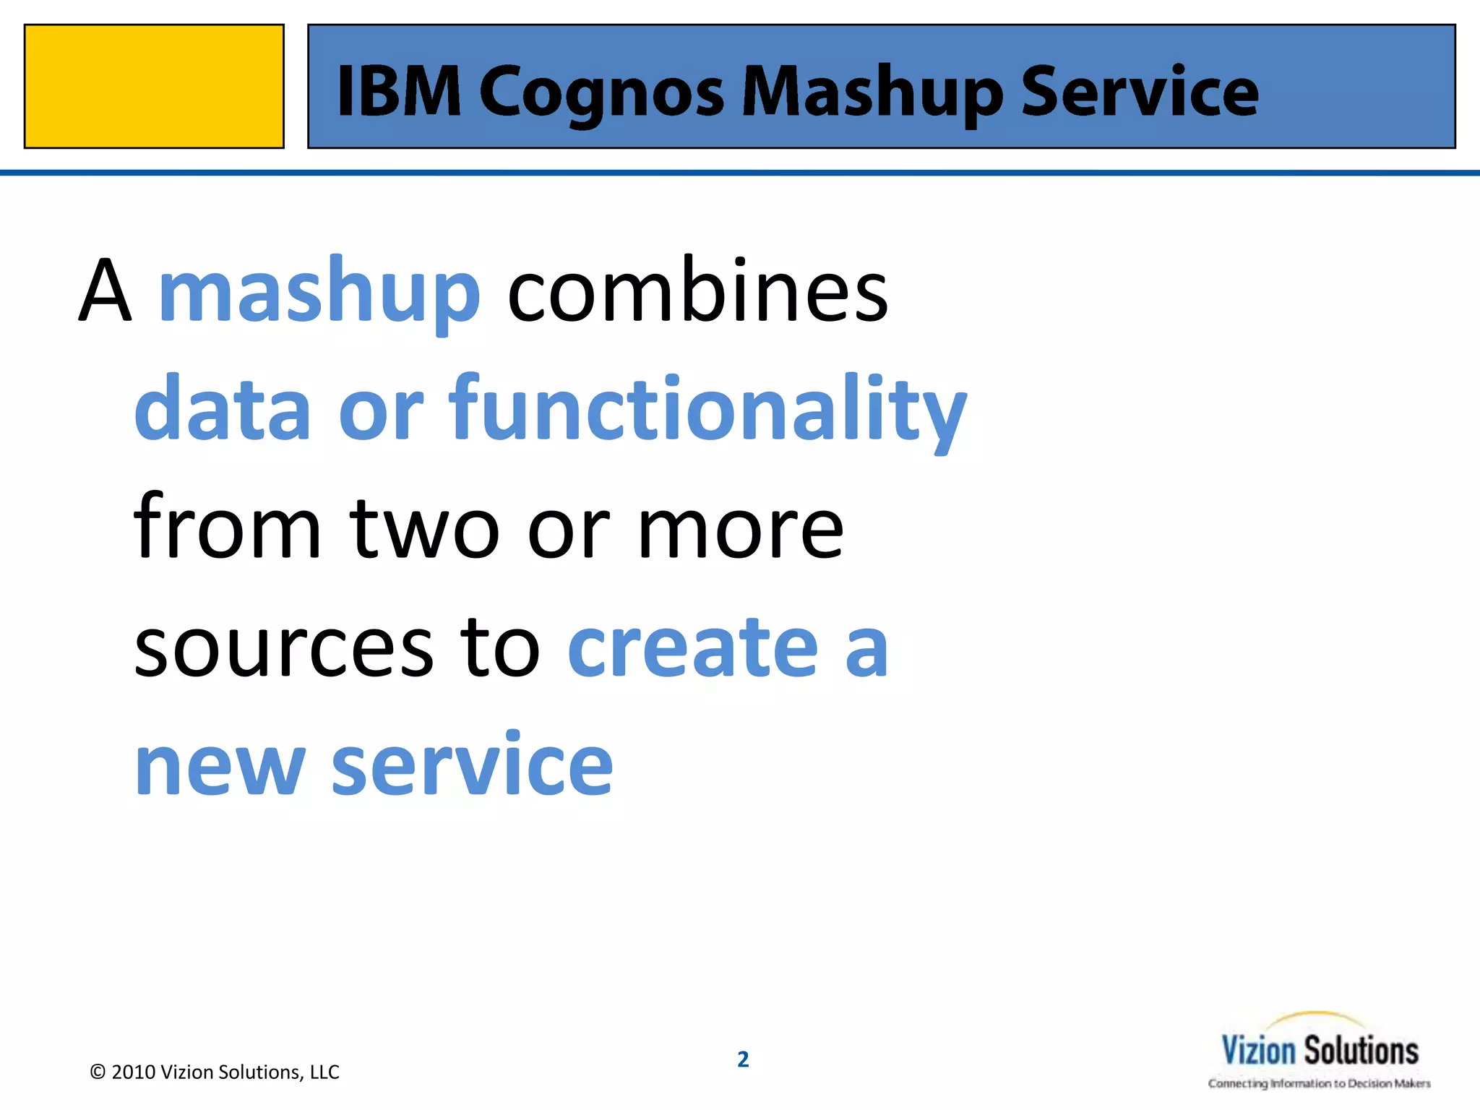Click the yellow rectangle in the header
pos(154,86)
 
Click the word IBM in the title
pos(399,91)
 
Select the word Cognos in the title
pos(601,94)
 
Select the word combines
pos(697,291)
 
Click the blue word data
pos(223,409)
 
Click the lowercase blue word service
pos(472,765)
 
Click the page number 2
pos(743,1059)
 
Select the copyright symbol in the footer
pos(98,1072)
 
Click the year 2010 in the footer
pos(134,1072)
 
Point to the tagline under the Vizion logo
pos(1319,1083)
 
